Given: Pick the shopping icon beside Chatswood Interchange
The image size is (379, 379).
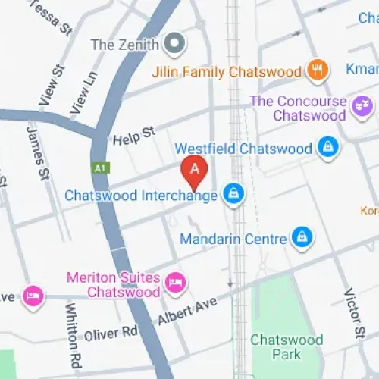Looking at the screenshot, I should point(233,195).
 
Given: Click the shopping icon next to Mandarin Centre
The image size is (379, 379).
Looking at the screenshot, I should point(302,239).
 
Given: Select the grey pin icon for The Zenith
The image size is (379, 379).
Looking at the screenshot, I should point(176,45).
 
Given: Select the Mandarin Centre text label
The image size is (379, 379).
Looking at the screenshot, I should point(233,240).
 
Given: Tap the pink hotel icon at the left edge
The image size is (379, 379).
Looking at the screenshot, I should point(32,295).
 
